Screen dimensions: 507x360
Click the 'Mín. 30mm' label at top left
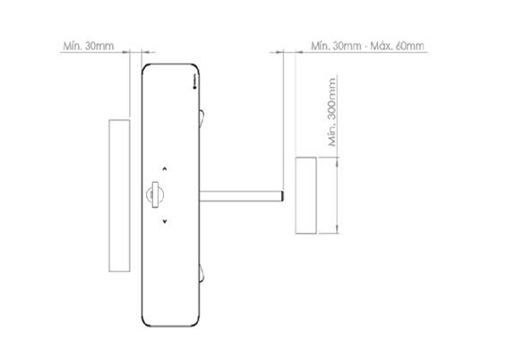click(89, 46)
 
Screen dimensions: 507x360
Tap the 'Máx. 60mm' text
click(397, 46)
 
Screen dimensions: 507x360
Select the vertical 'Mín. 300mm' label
click(332, 112)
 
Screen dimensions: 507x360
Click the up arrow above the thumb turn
click(165, 168)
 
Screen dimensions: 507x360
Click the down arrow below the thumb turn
click(165, 221)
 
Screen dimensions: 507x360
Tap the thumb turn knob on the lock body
click(155, 194)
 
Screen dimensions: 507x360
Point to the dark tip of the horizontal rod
click(282, 196)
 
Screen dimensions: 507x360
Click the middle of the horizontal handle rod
click(241, 196)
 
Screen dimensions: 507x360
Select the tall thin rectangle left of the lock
click(119, 195)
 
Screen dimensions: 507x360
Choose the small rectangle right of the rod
click(305, 195)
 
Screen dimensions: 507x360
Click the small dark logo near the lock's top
click(194, 82)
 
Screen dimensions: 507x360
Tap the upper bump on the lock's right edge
click(202, 118)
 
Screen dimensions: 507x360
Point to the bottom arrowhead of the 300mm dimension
click(337, 228)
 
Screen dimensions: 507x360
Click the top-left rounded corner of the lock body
click(144, 67)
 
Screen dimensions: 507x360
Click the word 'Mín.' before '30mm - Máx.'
click(320, 46)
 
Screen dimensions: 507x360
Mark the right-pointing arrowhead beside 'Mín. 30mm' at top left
click(125, 52)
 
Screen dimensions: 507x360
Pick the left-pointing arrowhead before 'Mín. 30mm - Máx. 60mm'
click(299, 52)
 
